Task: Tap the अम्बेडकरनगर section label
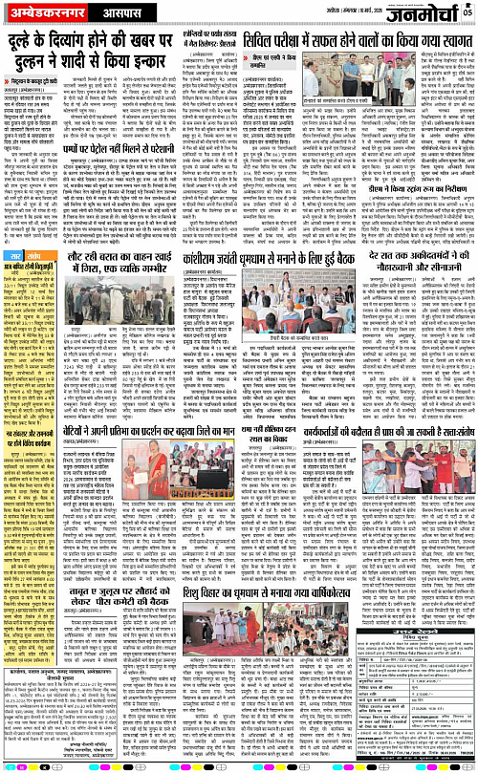click(44, 13)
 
